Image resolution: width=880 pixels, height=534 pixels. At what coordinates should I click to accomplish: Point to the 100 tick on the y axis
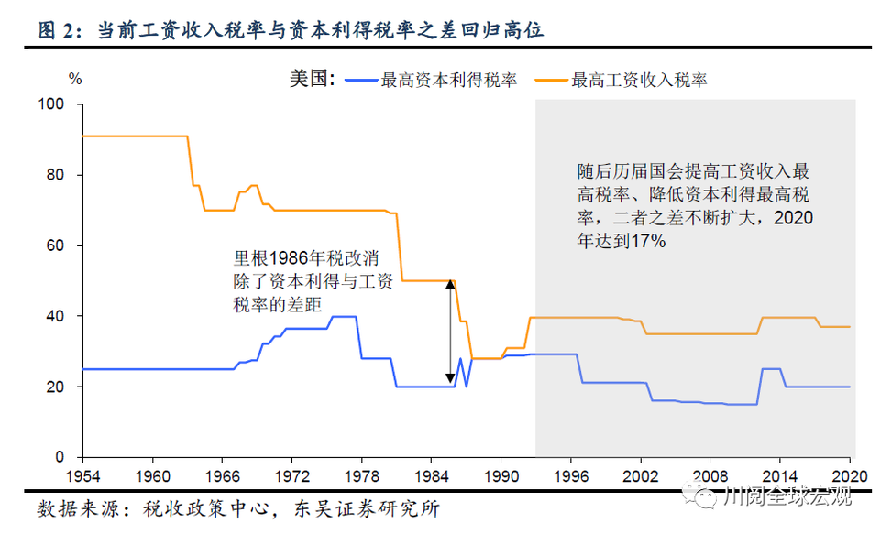pos(52,104)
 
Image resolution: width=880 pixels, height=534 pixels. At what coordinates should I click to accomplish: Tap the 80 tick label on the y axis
pos(56,175)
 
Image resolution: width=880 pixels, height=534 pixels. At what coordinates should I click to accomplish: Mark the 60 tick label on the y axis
pos(56,245)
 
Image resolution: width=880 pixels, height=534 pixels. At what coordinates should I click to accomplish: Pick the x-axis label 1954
pos(82,477)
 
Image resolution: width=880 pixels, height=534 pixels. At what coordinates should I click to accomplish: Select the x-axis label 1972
pos(291,477)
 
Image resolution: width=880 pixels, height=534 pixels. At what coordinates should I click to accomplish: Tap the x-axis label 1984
pos(431,477)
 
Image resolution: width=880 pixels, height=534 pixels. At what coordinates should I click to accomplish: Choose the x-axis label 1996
pos(570,477)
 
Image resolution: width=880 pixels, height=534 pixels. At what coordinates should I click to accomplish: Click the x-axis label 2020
pos(849,477)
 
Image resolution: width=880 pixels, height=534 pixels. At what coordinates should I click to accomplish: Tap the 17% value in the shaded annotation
pos(646,242)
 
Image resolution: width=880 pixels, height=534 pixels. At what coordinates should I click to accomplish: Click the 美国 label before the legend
pos(313,80)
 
